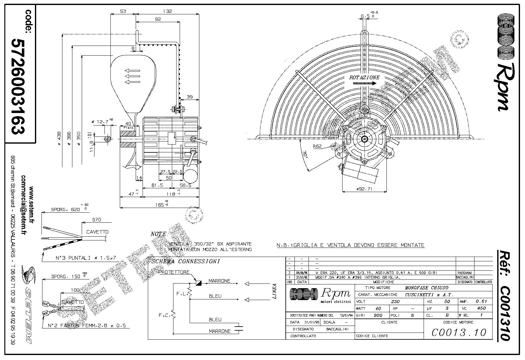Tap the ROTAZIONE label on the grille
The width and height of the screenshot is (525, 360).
[x=364, y=77]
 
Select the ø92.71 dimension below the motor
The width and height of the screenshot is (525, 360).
[x=365, y=189]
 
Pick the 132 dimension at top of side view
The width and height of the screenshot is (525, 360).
[x=168, y=11]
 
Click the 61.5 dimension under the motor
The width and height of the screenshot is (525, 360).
[x=158, y=185]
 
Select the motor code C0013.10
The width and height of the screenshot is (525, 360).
[x=459, y=332]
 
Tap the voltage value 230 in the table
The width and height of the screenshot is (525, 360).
[x=395, y=302]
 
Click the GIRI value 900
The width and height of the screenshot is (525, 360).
[x=378, y=315]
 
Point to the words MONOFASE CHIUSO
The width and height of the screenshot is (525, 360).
[x=426, y=288]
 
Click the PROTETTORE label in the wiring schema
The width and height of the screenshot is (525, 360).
[x=174, y=272]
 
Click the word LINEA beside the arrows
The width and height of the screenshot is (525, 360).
[x=275, y=291]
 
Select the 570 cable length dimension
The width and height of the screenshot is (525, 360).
[x=97, y=220]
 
